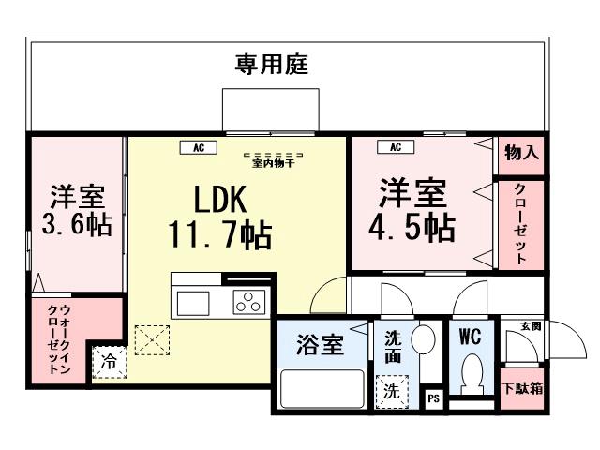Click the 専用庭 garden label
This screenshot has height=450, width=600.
(x=271, y=65)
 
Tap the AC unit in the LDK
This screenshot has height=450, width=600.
(x=199, y=147)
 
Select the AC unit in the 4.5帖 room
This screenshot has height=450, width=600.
(x=396, y=147)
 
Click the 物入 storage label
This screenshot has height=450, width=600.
(x=521, y=153)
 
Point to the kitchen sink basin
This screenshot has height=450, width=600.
(x=193, y=304)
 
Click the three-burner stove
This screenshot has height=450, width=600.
(x=249, y=302)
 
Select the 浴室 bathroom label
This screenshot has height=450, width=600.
(x=320, y=344)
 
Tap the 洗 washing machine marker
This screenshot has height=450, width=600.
(x=389, y=392)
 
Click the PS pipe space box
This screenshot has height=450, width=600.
(x=433, y=397)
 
